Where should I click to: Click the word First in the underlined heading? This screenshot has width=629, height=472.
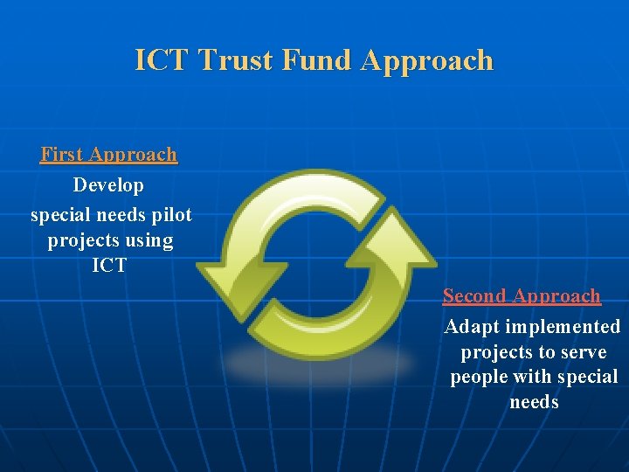click(61, 155)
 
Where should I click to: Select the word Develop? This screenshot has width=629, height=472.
click(108, 185)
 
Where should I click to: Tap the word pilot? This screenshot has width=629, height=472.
click(170, 213)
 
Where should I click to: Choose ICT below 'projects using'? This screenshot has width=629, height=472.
click(109, 266)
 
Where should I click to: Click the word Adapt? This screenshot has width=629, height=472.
click(468, 327)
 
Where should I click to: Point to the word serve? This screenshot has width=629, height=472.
click(585, 352)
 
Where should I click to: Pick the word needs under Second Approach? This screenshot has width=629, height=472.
click(534, 402)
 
